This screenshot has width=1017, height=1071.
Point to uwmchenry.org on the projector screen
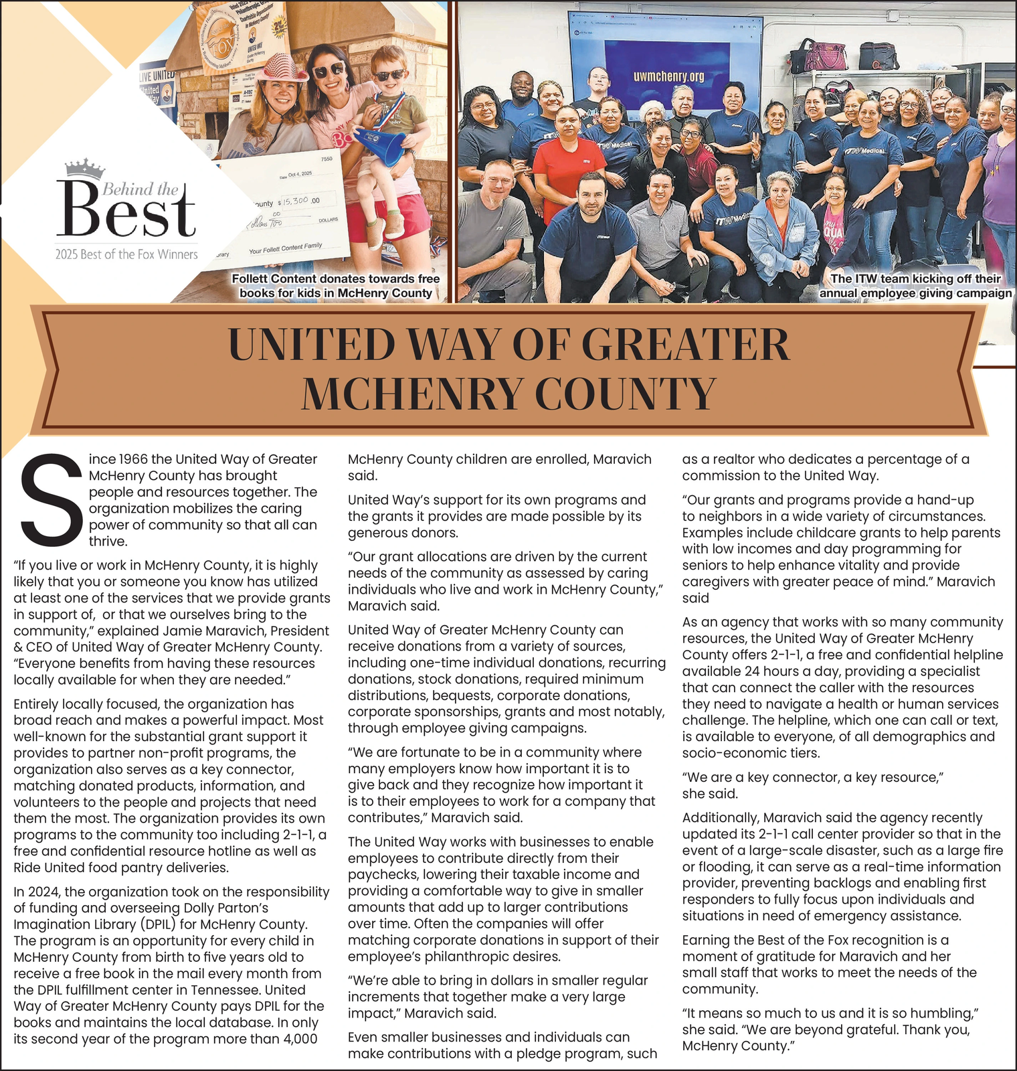tap(668, 77)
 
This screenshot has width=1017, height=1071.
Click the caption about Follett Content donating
tap(335, 286)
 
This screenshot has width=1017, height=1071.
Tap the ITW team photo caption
tap(915, 286)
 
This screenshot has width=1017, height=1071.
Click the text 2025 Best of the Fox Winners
tap(126, 254)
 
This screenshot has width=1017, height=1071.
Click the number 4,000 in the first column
tap(298, 1039)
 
